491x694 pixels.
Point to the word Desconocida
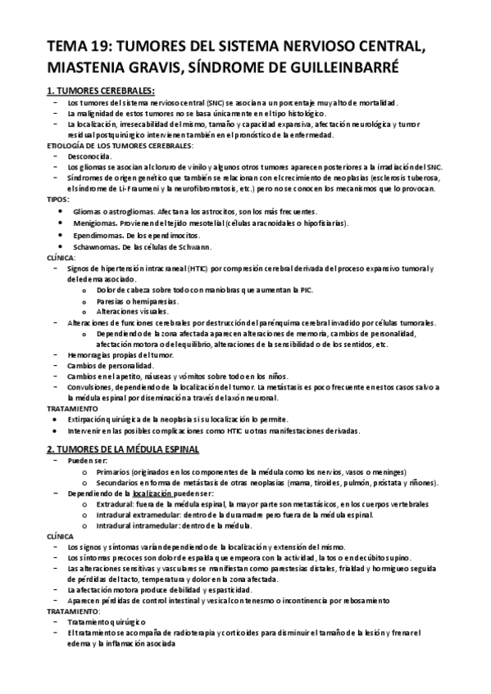[90, 155]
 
